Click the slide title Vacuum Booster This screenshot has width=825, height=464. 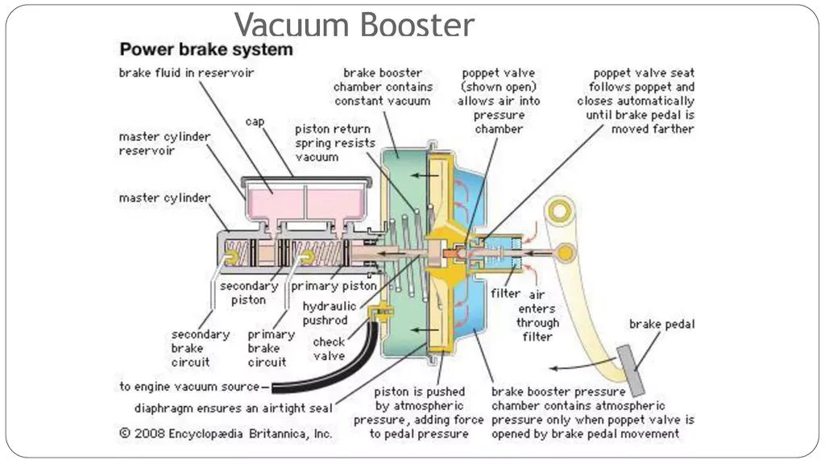(354, 25)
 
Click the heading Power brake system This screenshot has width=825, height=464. (205, 49)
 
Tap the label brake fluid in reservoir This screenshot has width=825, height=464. (186, 72)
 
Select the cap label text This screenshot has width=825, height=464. (255, 122)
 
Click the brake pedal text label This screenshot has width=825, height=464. (662, 324)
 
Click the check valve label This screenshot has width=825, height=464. (329, 349)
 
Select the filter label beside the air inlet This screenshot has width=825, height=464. (505, 293)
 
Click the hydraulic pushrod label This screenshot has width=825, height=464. (329, 313)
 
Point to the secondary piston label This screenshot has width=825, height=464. (249, 293)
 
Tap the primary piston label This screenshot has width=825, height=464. (334, 286)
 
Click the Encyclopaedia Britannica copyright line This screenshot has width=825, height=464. (226, 433)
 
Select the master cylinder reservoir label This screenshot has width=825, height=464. (164, 143)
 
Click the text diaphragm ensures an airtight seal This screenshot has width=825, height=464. (233, 408)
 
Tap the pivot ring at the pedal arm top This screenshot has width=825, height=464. (559, 211)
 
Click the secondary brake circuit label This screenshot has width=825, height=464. (200, 348)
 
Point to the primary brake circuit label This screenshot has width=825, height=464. (271, 348)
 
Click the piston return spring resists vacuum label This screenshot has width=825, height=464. (334, 143)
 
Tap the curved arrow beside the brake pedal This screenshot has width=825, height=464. (582, 365)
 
